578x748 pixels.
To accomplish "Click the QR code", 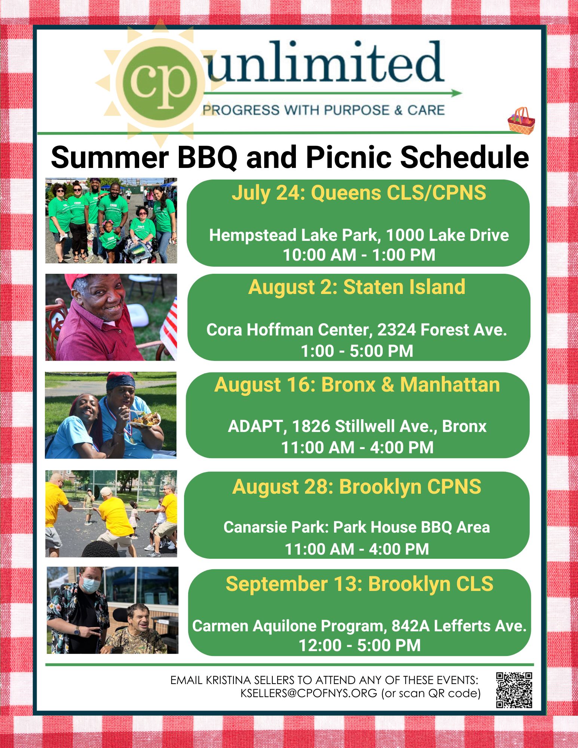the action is pos(514,690).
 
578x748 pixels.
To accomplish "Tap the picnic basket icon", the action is pos(521,120).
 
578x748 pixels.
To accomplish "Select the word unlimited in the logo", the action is pos(325,62).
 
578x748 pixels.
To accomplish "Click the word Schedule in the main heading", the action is pos(465,157).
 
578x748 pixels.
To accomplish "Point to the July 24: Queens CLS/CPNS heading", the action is pos(359,193).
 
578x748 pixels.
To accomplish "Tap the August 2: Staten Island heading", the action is pos(357,287).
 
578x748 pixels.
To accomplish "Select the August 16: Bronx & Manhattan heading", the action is pos(357,384).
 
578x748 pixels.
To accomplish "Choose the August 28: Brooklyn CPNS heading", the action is pos(357,487).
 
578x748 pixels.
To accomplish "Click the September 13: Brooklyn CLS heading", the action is pos(360,584).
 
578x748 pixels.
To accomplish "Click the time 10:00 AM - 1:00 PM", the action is pos(359,255).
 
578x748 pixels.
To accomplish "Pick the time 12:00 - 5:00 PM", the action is pos(360,646).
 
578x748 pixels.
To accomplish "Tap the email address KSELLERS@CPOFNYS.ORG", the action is pos(309,693).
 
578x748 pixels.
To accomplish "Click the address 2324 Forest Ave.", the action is pos(442,330).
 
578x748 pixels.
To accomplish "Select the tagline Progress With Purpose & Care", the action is pos(324,110).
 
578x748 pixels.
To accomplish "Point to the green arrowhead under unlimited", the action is pos(457,93).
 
